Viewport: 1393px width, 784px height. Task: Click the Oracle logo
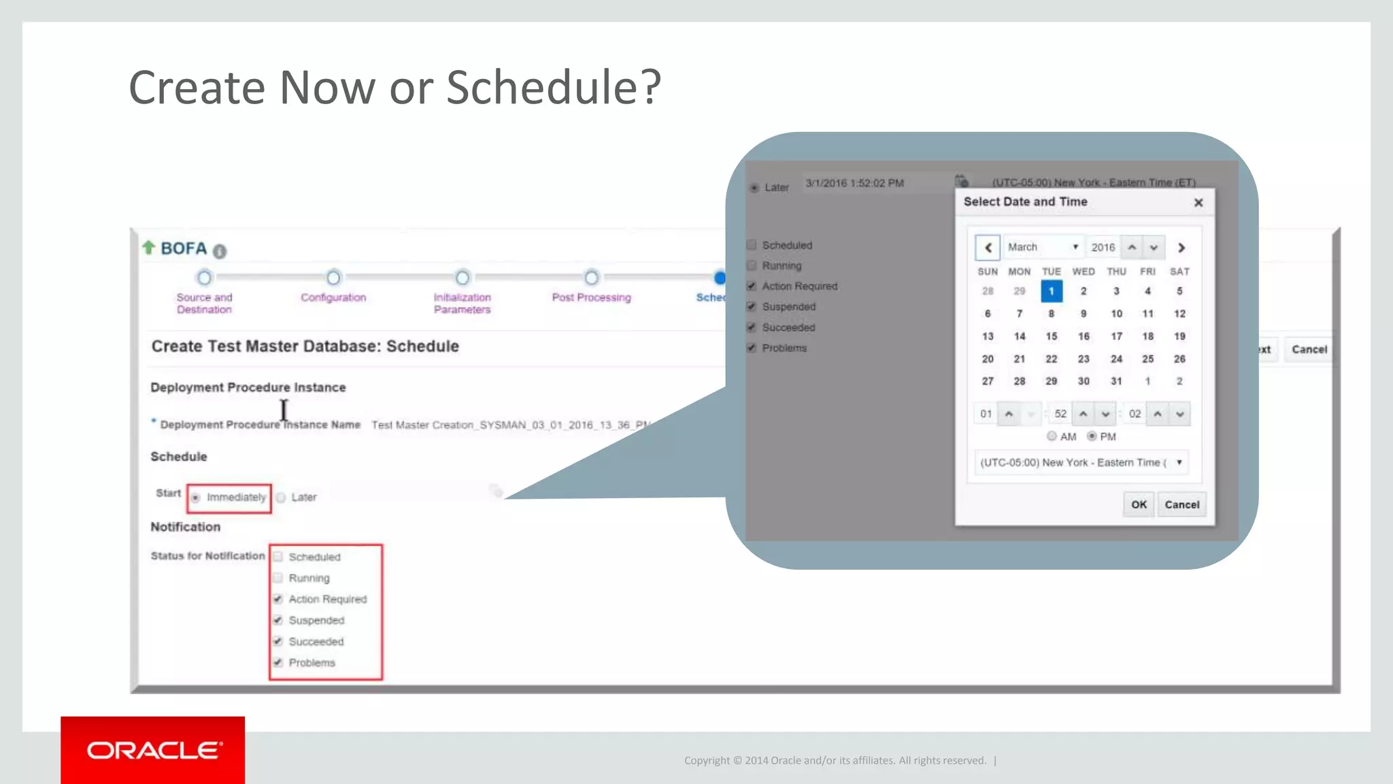tap(153, 750)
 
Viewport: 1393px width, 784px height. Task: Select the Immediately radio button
tap(196, 497)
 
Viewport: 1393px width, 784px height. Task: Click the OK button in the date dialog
tap(1139, 504)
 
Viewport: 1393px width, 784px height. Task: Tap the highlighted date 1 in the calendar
tap(1051, 291)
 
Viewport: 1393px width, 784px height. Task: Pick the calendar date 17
tap(1116, 336)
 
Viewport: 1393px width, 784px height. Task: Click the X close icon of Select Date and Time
tap(1198, 203)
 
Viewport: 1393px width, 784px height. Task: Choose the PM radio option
tap(1092, 436)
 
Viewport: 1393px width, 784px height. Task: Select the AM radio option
tap(1052, 436)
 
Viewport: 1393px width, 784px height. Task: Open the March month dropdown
tap(1043, 247)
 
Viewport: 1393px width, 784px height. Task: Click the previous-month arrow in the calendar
tap(988, 248)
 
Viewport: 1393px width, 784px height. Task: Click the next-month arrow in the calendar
tap(1181, 248)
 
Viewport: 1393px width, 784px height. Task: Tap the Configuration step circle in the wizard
tap(333, 278)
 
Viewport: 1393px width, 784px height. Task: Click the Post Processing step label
tap(591, 297)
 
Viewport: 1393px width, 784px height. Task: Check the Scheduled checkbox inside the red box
tap(278, 557)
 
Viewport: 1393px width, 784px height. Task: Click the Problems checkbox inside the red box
tap(278, 662)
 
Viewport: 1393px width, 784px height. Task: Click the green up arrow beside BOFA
tap(148, 248)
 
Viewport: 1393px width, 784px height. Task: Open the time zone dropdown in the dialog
tap(1081, 463)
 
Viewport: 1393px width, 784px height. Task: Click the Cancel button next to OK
tap(1181, 504)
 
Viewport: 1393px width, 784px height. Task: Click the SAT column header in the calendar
tap(1179, 272)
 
